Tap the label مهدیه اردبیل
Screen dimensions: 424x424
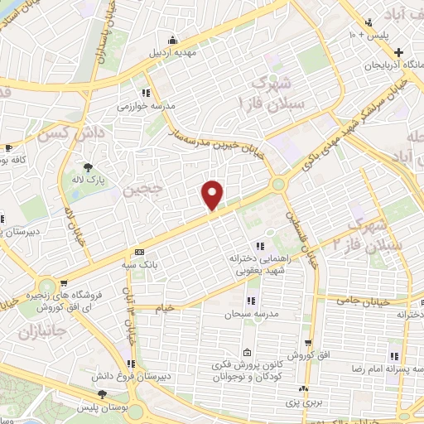[x=171, y=53]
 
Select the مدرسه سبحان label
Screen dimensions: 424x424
[x=251, y=314]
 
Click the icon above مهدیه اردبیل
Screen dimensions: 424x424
[x=171, y=40]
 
